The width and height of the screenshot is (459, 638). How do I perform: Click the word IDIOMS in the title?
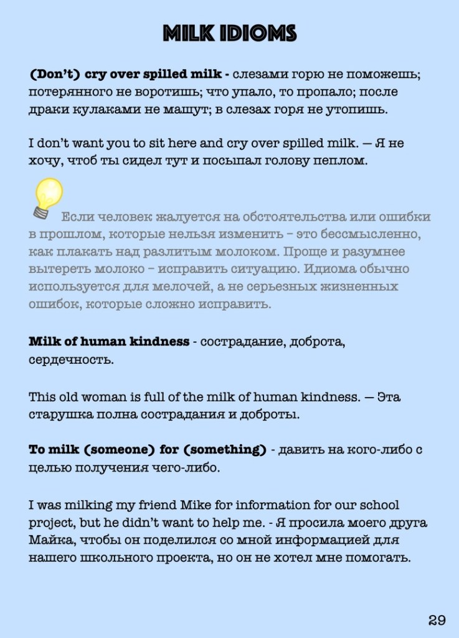259,33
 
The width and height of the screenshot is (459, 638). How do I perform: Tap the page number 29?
437,619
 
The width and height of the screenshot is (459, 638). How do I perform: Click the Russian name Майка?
51,540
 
